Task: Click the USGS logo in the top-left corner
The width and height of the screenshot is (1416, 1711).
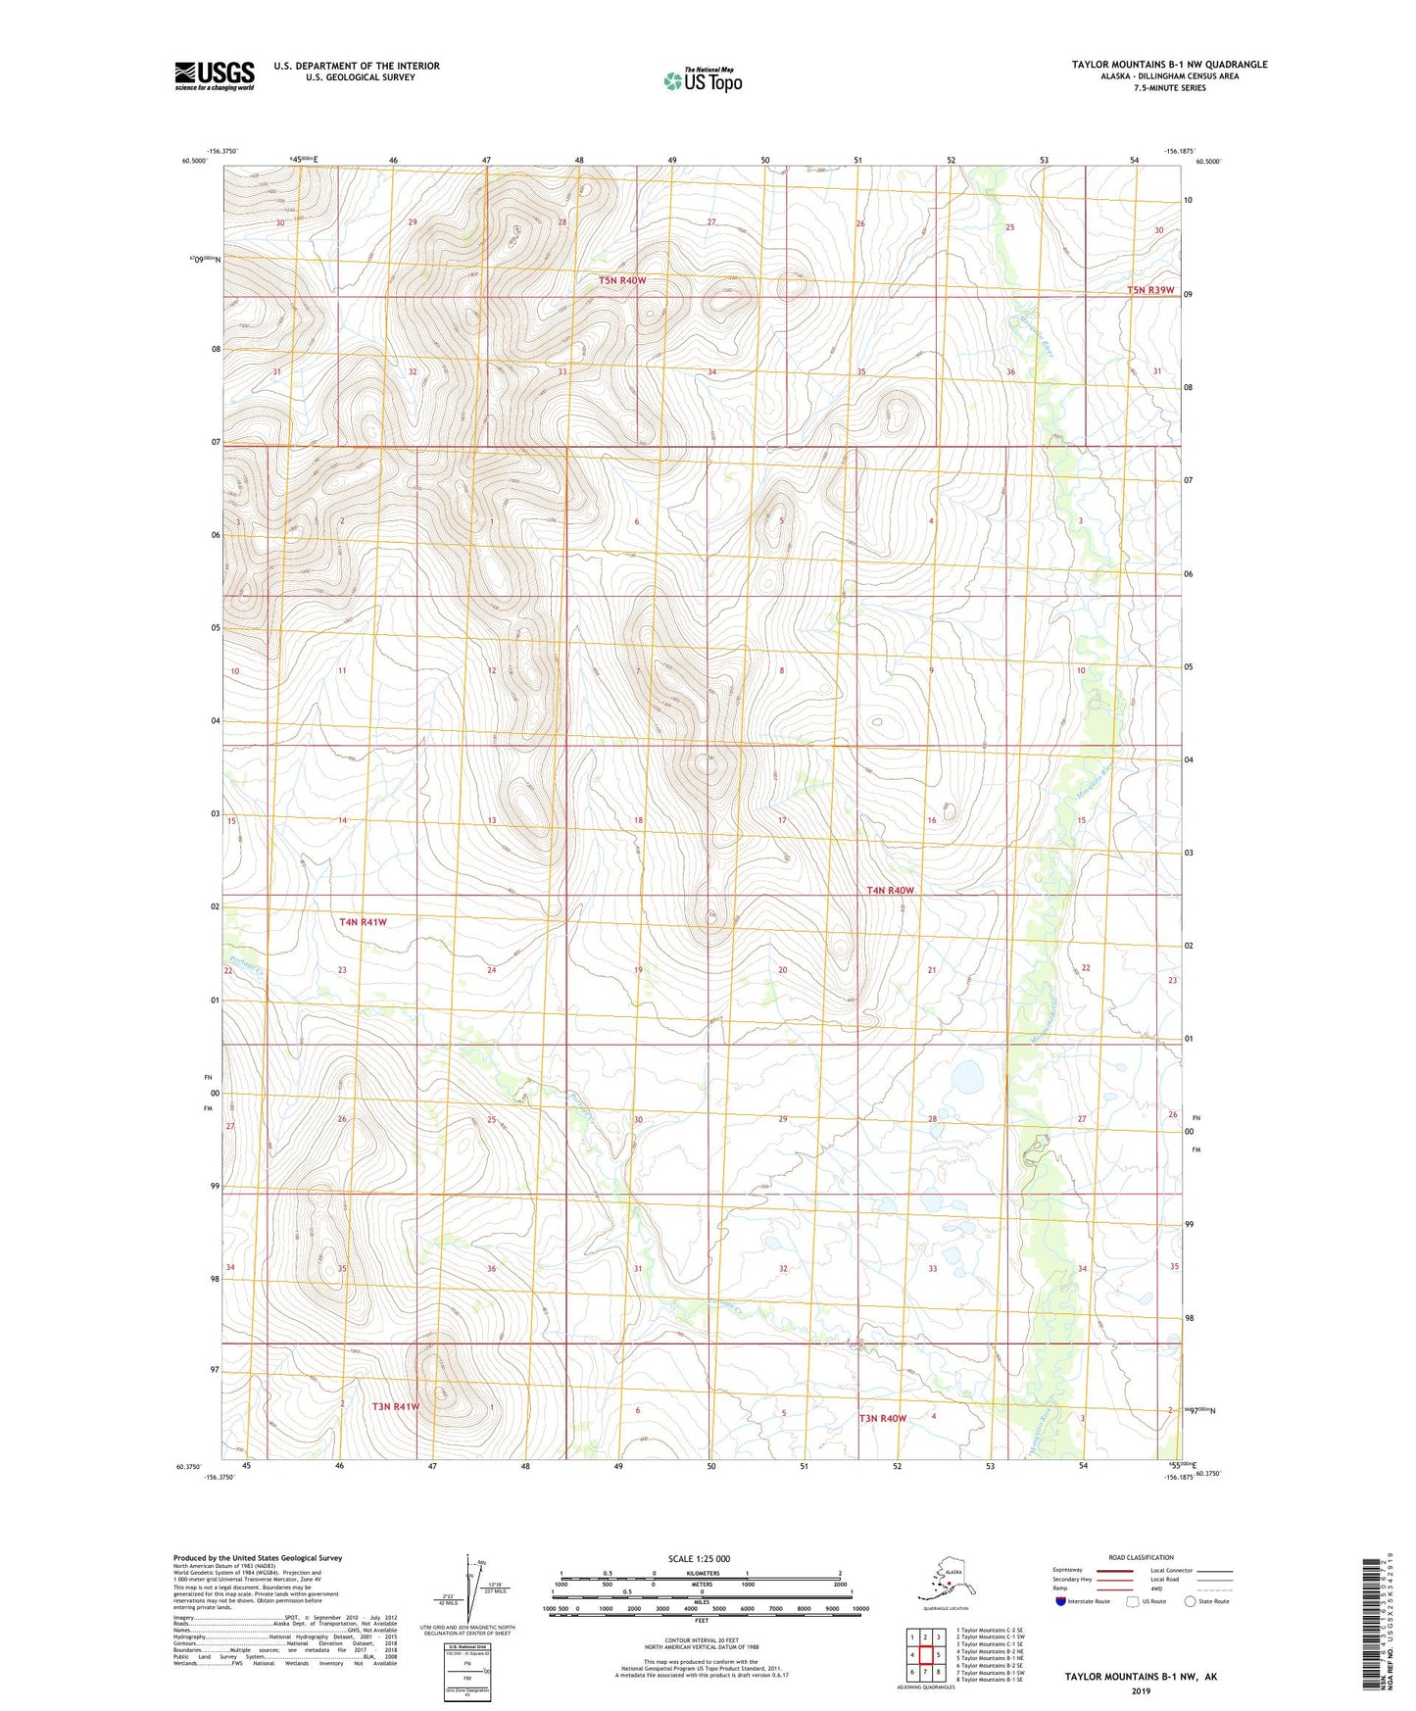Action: point(214,75)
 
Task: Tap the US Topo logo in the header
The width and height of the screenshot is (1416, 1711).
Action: point(703,80)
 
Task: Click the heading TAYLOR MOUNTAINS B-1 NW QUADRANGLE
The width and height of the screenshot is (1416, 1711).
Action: point(1169,65)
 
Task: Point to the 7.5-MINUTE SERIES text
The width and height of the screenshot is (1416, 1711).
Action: point(1169,88)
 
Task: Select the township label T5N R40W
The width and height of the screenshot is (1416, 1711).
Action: point(622,280)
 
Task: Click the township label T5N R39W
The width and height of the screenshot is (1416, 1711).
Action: point(1149,290)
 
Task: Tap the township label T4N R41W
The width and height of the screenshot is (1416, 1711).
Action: point(363,922)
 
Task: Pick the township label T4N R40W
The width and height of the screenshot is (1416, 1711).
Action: point(890,891)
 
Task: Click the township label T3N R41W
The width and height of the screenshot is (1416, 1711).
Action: point(395,1406)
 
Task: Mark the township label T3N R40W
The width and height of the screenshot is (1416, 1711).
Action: point(883,1418)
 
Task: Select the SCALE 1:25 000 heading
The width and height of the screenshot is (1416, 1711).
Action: point(701,1559)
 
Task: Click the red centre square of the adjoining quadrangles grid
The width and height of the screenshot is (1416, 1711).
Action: point(925,1654)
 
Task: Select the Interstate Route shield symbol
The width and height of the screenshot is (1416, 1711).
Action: point(1061,1601)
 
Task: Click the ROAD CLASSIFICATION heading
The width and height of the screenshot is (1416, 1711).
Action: point(1141,1557)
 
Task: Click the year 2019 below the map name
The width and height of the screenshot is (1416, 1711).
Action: point(1141,1691)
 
